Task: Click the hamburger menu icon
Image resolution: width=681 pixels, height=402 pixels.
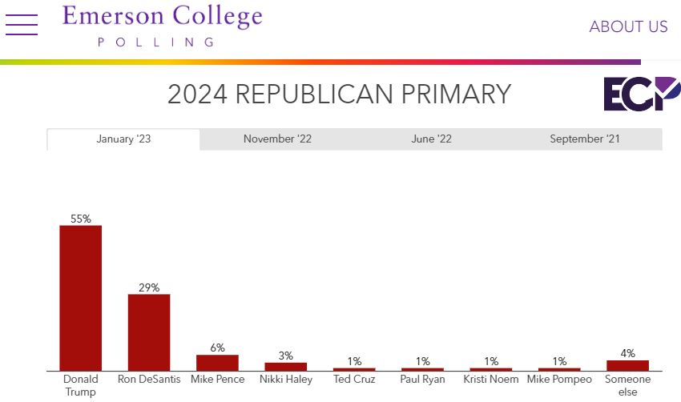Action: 22,25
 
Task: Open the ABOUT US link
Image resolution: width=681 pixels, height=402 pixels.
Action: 628,26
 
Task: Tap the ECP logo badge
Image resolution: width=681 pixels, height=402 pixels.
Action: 641,94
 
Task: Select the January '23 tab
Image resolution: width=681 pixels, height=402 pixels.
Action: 123,139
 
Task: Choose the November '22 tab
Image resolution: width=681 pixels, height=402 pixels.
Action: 277,139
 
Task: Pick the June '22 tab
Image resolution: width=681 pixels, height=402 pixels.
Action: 432,139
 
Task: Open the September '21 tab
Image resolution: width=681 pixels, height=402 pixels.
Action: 585,139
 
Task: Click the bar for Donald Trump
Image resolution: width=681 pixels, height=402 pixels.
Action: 81,298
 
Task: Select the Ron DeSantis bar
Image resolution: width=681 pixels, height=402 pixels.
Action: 149,332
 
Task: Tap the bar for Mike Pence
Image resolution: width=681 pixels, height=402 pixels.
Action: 217,363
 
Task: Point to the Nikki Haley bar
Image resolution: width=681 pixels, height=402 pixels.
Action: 285,367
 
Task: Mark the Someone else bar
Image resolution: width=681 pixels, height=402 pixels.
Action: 627,365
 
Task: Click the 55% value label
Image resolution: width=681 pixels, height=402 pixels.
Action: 81,219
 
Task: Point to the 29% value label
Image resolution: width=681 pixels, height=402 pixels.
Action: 149,287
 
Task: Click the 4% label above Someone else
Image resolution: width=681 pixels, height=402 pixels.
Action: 627,353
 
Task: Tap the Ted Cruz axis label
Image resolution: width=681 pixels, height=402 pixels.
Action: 354,380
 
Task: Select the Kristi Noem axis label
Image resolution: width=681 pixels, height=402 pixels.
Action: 491,380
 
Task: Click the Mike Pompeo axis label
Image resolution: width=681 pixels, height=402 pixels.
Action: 559,380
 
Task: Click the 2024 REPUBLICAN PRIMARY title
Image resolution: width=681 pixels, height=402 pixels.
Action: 339,94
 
